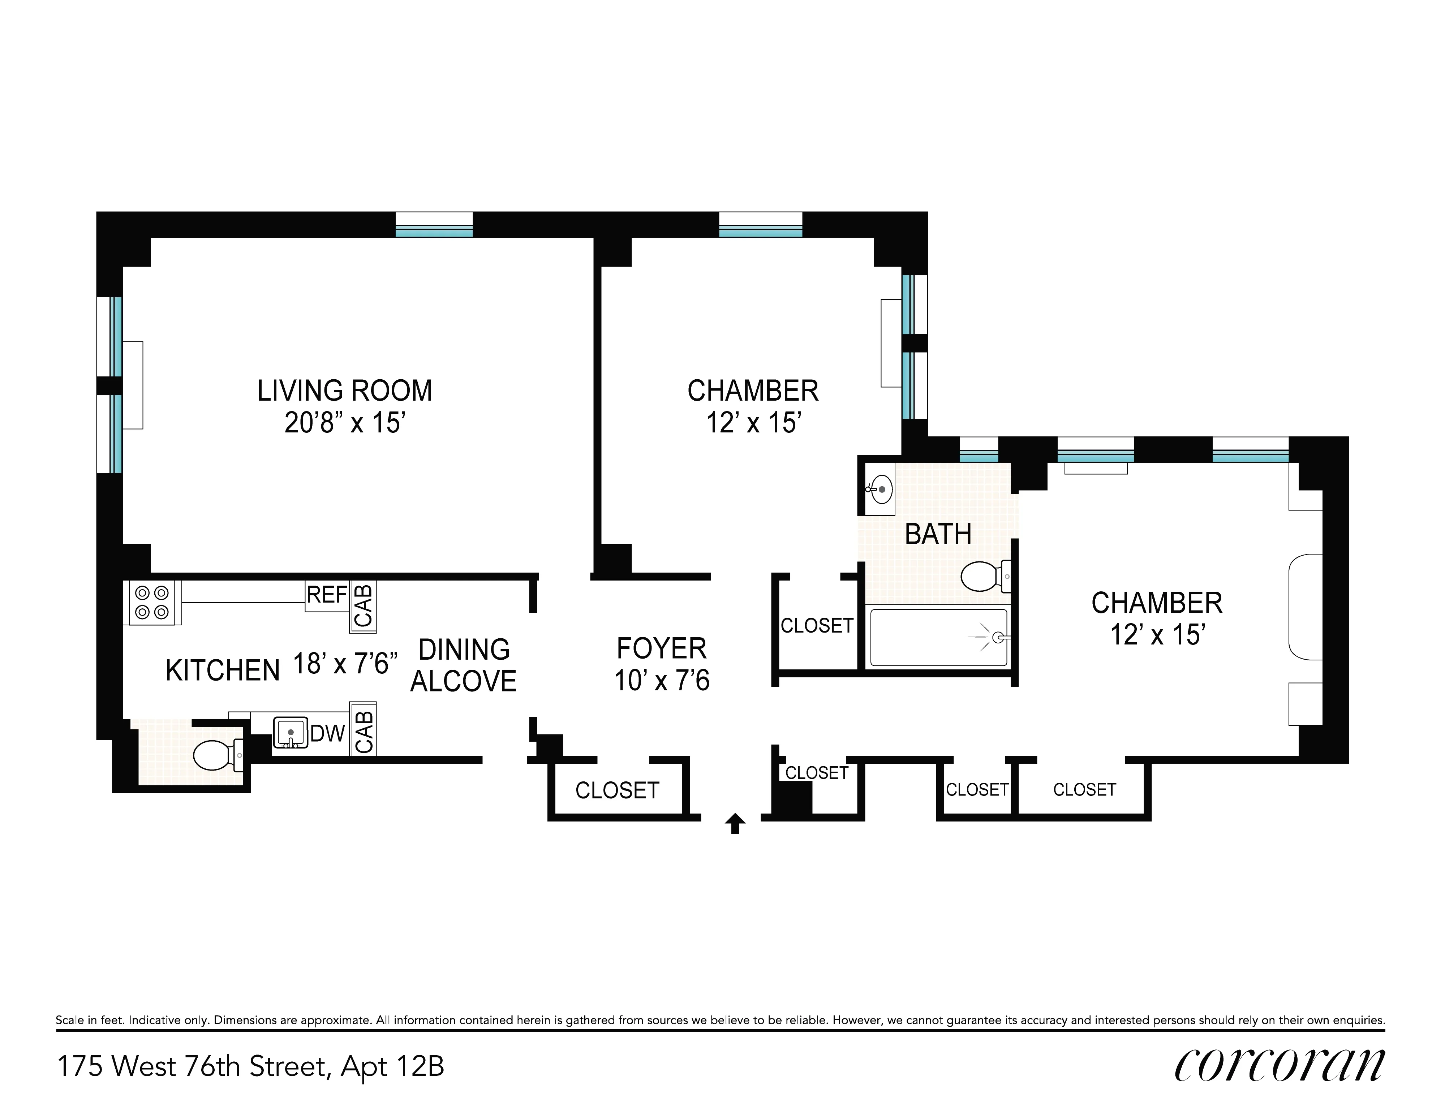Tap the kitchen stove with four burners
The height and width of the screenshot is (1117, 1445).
pos(151,603)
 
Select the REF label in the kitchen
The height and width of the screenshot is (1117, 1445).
pos(326,595)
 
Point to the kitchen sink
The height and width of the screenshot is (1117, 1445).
pos(291,733)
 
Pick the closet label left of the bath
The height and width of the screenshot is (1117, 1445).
pos(817,626)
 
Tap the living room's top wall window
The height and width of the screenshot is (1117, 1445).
pos(434,225)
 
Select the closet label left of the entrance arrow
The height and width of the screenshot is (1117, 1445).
pos(617,790)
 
